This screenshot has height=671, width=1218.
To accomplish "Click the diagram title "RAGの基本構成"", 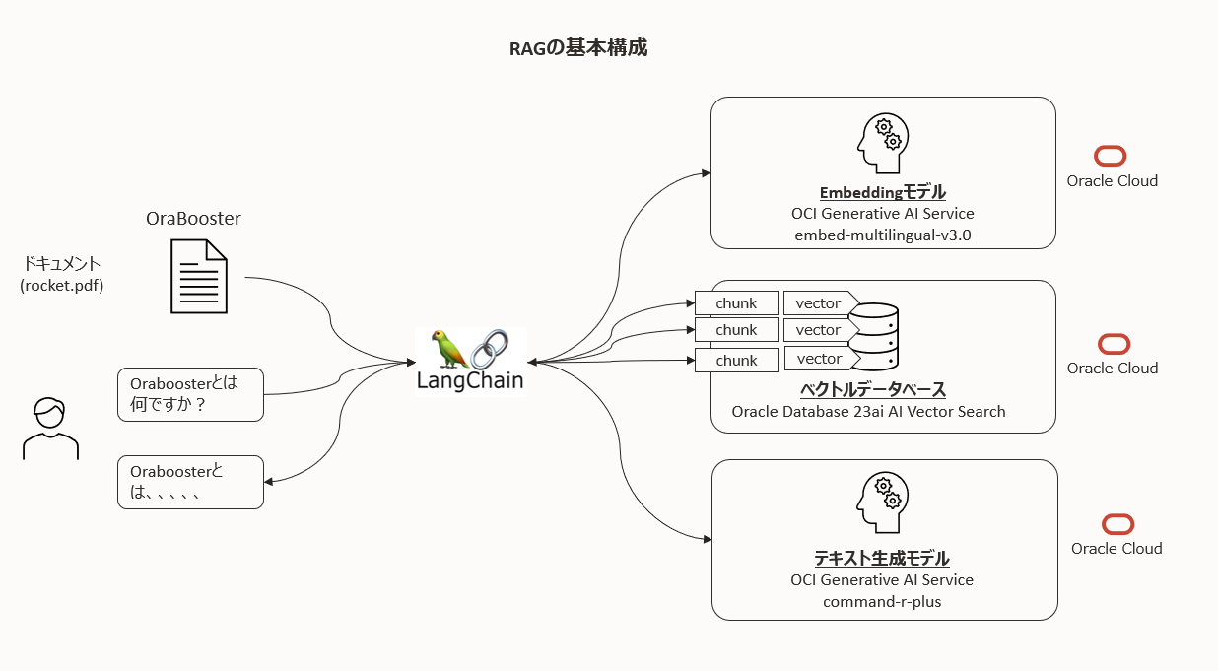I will [x=577, y=47].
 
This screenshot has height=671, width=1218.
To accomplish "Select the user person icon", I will [x=49, y=429].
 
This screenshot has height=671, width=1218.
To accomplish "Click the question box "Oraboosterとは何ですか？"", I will [x=190, y=394].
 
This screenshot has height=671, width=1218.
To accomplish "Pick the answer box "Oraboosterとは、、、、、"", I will [x=190, y=482].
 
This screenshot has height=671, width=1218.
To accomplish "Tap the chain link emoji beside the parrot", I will [x=490, y=350].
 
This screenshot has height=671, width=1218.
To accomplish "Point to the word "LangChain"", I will [x=470, y=379].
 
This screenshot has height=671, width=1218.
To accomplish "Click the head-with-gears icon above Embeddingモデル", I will [x=881, y=145].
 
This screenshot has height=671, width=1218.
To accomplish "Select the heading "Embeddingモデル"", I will [x=882, y=192].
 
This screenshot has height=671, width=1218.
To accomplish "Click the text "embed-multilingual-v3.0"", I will [x=882, y=235].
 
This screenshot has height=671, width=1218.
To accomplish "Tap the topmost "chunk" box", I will [x=736, y=302].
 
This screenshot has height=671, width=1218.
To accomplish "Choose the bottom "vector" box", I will [x=818, y=359].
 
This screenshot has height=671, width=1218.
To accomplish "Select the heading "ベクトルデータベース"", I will [x=873, y=389].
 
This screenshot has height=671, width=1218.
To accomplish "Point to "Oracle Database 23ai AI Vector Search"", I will [x=868, y=411].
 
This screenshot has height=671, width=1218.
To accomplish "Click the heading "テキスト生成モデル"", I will [x=881, y=558].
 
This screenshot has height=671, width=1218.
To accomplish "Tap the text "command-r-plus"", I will [x=882, y=601].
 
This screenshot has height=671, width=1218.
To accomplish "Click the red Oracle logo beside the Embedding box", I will [x=1111, y=156].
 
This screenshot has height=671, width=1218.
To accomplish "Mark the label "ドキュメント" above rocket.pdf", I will [x=62, y=264].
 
